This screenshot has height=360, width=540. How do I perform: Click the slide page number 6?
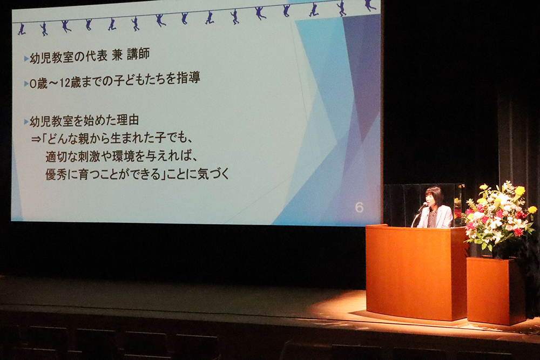click(x=359, y=207)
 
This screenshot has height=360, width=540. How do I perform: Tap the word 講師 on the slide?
click(x=138, y=55)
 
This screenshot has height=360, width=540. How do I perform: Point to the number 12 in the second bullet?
click(x=64, y=83)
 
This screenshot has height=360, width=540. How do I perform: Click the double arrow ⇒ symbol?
click(x=36, y=139)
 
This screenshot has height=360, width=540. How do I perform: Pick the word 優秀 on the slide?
click(x=57, y=174)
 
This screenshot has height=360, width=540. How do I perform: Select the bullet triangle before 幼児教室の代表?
click(x=26, y=59)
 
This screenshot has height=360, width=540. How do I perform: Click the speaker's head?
click(x=434, y=196)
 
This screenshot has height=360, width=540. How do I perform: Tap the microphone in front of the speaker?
click(x=423, y=207)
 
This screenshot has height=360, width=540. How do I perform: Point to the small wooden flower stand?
click(x=496, y=291)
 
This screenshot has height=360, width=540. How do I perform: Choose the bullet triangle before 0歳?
click(x=26, y=84)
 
